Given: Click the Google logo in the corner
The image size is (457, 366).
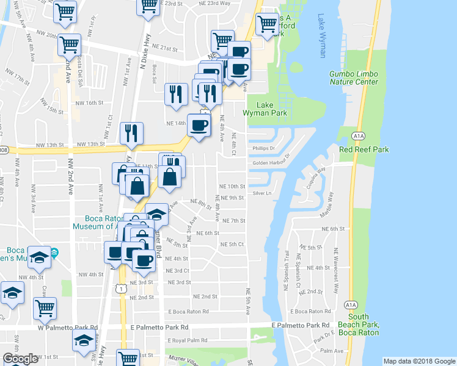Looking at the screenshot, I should tap(20, 358).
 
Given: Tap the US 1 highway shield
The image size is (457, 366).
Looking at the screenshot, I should tap(123, 288).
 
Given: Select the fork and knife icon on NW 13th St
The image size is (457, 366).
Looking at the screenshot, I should tap(132, 132).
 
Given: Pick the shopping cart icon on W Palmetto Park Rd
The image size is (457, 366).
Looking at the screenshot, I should tap(45, 309).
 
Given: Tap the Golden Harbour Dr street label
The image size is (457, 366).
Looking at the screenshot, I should tap(269, 163).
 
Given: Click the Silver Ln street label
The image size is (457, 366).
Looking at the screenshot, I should tap(261, 193).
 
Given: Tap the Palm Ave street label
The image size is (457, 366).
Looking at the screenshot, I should tap(332, 351).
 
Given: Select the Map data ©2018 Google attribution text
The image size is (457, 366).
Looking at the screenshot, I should tap(419, 361).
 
